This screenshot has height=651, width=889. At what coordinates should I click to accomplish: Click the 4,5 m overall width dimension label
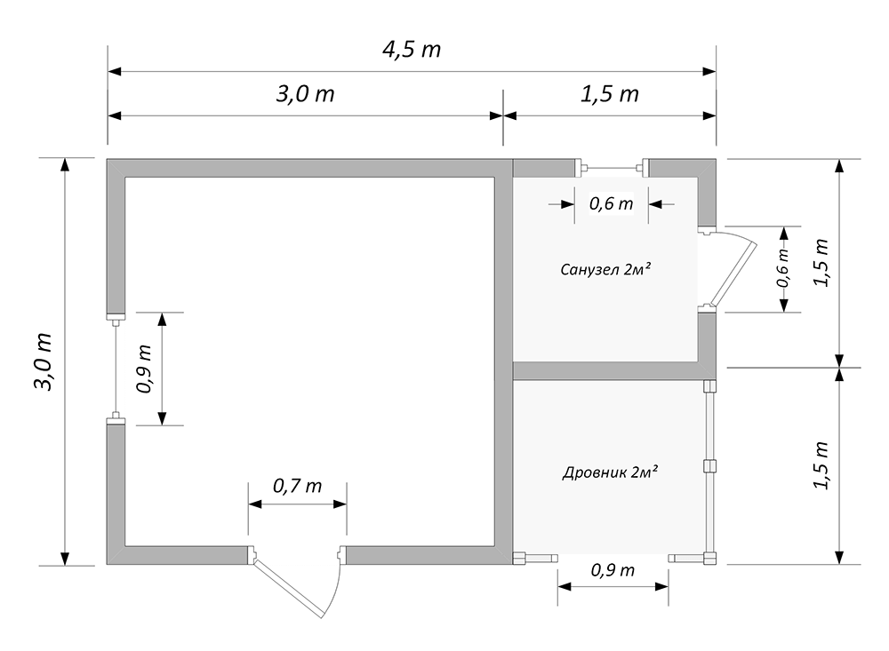point(412,50)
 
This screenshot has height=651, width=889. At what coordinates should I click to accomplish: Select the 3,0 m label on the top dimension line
point(305,93)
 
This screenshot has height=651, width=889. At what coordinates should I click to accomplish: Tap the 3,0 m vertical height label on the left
point(44,361)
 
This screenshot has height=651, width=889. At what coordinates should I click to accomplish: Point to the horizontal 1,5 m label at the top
point(610,93)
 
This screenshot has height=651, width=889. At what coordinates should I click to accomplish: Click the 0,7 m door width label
point(298,486)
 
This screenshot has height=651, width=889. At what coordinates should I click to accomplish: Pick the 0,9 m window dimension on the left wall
point(144,369)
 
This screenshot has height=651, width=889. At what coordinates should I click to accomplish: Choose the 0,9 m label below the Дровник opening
point(613,570)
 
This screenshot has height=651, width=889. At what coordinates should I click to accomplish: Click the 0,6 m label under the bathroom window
point(612,203)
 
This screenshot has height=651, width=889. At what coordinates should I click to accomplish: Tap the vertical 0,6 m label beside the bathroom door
point(783,268)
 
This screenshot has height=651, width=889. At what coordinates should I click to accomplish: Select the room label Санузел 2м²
point(605,269)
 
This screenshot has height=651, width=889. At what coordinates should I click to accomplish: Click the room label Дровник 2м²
point(610,472)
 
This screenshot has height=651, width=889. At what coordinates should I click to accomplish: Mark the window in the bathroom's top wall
point(612,168)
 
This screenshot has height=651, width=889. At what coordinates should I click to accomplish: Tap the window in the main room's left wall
point(116,369)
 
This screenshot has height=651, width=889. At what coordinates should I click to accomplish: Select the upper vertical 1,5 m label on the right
point(822,263)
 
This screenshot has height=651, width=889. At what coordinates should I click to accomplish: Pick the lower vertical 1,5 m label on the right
point(822,464)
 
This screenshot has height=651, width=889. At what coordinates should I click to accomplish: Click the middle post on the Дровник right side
point(709,466)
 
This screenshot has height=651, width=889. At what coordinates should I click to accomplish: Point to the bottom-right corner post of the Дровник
point(709,559)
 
